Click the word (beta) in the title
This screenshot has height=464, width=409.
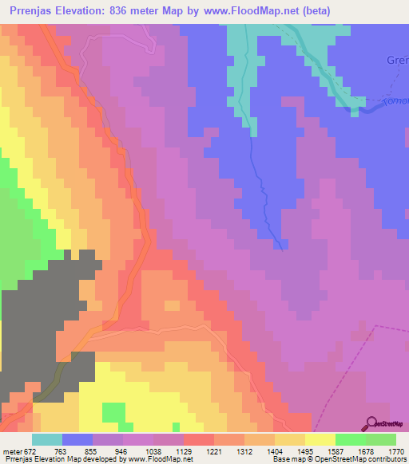(x=314, y=11)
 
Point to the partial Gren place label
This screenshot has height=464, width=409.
(x=397, y=60)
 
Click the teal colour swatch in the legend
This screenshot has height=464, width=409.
(x=46, y=439)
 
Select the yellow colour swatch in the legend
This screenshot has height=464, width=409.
(x=320, y=439)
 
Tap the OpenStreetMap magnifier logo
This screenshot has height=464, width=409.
(x=371, y=423)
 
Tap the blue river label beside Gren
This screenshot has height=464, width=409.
(x=395, y=103)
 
